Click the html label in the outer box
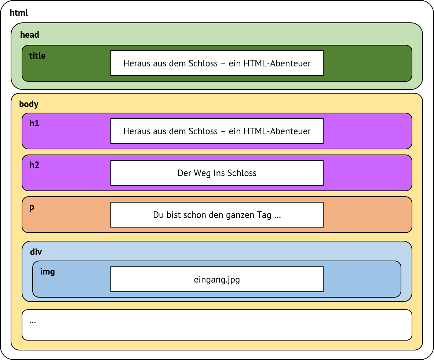point(19,13)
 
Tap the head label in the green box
point(29,35)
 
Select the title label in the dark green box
point(37,56)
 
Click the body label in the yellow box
point(29,104)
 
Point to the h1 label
point(34,124)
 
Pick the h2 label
point(34,166)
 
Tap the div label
point(36,252)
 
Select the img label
point(47,272)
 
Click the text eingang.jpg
point(217,280)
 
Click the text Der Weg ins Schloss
point(217,173)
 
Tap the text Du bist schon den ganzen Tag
point(217,215)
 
